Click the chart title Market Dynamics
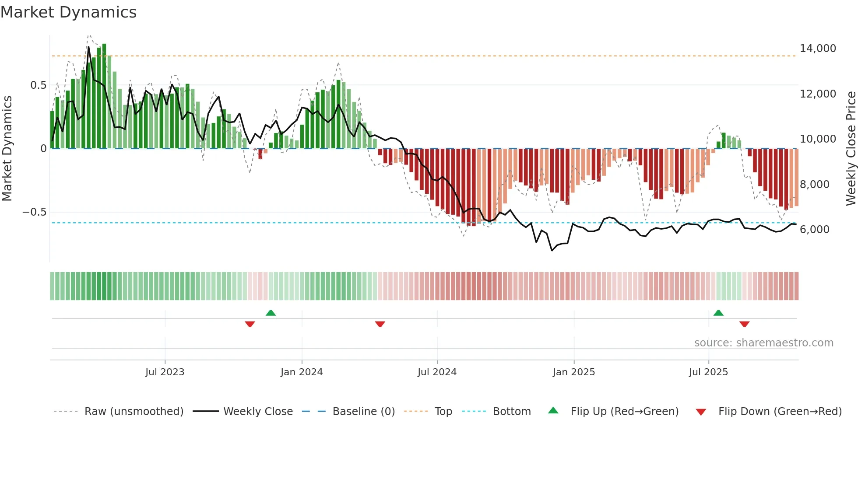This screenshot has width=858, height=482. click(x=68, y=12)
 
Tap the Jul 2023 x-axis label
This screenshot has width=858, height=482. click(x=165, y=372)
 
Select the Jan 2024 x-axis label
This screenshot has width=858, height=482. click(x=302, y=372)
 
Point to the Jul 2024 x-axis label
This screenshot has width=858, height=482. click(x=437, y=372)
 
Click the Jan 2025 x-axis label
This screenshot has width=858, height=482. click(x=574, y=372)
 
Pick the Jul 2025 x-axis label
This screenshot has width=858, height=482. click(x=708, y=372)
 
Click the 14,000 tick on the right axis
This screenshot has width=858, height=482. click(x=818, y=49)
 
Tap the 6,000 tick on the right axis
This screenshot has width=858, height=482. click(x=814, y=230)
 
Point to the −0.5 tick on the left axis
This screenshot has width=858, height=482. click(x=34, y=212)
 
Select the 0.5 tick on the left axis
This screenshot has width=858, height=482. click(x=38, y=85)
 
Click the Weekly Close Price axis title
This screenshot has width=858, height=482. click(x=851, y=148)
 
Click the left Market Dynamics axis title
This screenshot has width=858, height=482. click(x=7, y=148)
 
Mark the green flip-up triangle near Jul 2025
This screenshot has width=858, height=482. click(x=718, y=313)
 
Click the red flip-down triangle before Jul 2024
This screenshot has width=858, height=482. click(x=380, y=324)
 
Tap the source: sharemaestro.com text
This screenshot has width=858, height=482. click(x=763, y=343)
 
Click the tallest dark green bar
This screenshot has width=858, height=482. click(x=104, y=96)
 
